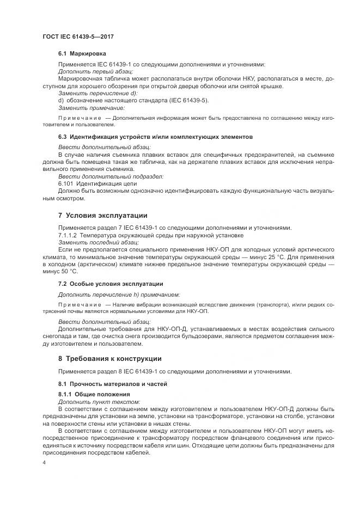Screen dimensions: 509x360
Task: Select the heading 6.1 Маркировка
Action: (82, 54)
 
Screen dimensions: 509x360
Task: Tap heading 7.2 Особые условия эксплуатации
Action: (111, 284)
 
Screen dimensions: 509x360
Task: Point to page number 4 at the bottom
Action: (44, 462)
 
